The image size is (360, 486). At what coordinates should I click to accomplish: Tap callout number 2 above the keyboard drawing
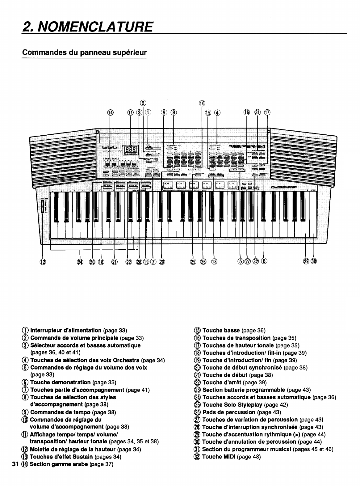(143, 103)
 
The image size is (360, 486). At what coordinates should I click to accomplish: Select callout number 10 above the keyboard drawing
(202, 103)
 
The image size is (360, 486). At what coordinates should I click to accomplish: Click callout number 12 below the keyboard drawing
(43, 262)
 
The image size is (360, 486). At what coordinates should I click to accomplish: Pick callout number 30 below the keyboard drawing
(313, 262)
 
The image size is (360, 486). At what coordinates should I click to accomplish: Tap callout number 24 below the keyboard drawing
(80, 262)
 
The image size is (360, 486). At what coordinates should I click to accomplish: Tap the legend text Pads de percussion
(229, 412)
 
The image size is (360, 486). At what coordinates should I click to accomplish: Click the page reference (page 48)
(249, 457)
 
